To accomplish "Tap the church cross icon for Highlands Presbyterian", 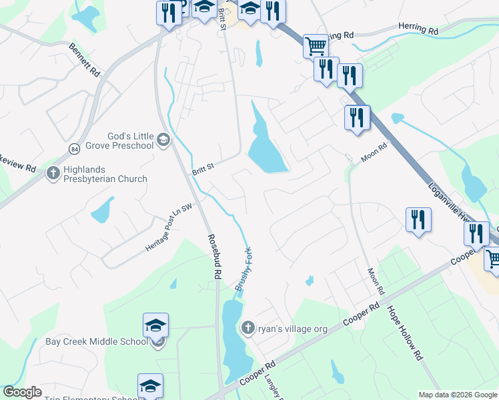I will coord(53,174).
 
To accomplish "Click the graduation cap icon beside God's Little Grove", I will coord(163,140).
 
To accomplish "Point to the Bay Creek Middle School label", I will coord(97,342).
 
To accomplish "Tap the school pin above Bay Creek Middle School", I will coord(155,326).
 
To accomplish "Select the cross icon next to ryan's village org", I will coord(247,327).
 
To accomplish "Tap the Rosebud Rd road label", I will coord(213,257).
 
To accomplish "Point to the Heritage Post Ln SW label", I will coord(169,228).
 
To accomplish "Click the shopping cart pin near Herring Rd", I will coord(316,46).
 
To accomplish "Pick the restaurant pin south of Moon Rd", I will coord(418,219).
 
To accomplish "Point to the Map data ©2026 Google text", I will coord(457,395).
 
